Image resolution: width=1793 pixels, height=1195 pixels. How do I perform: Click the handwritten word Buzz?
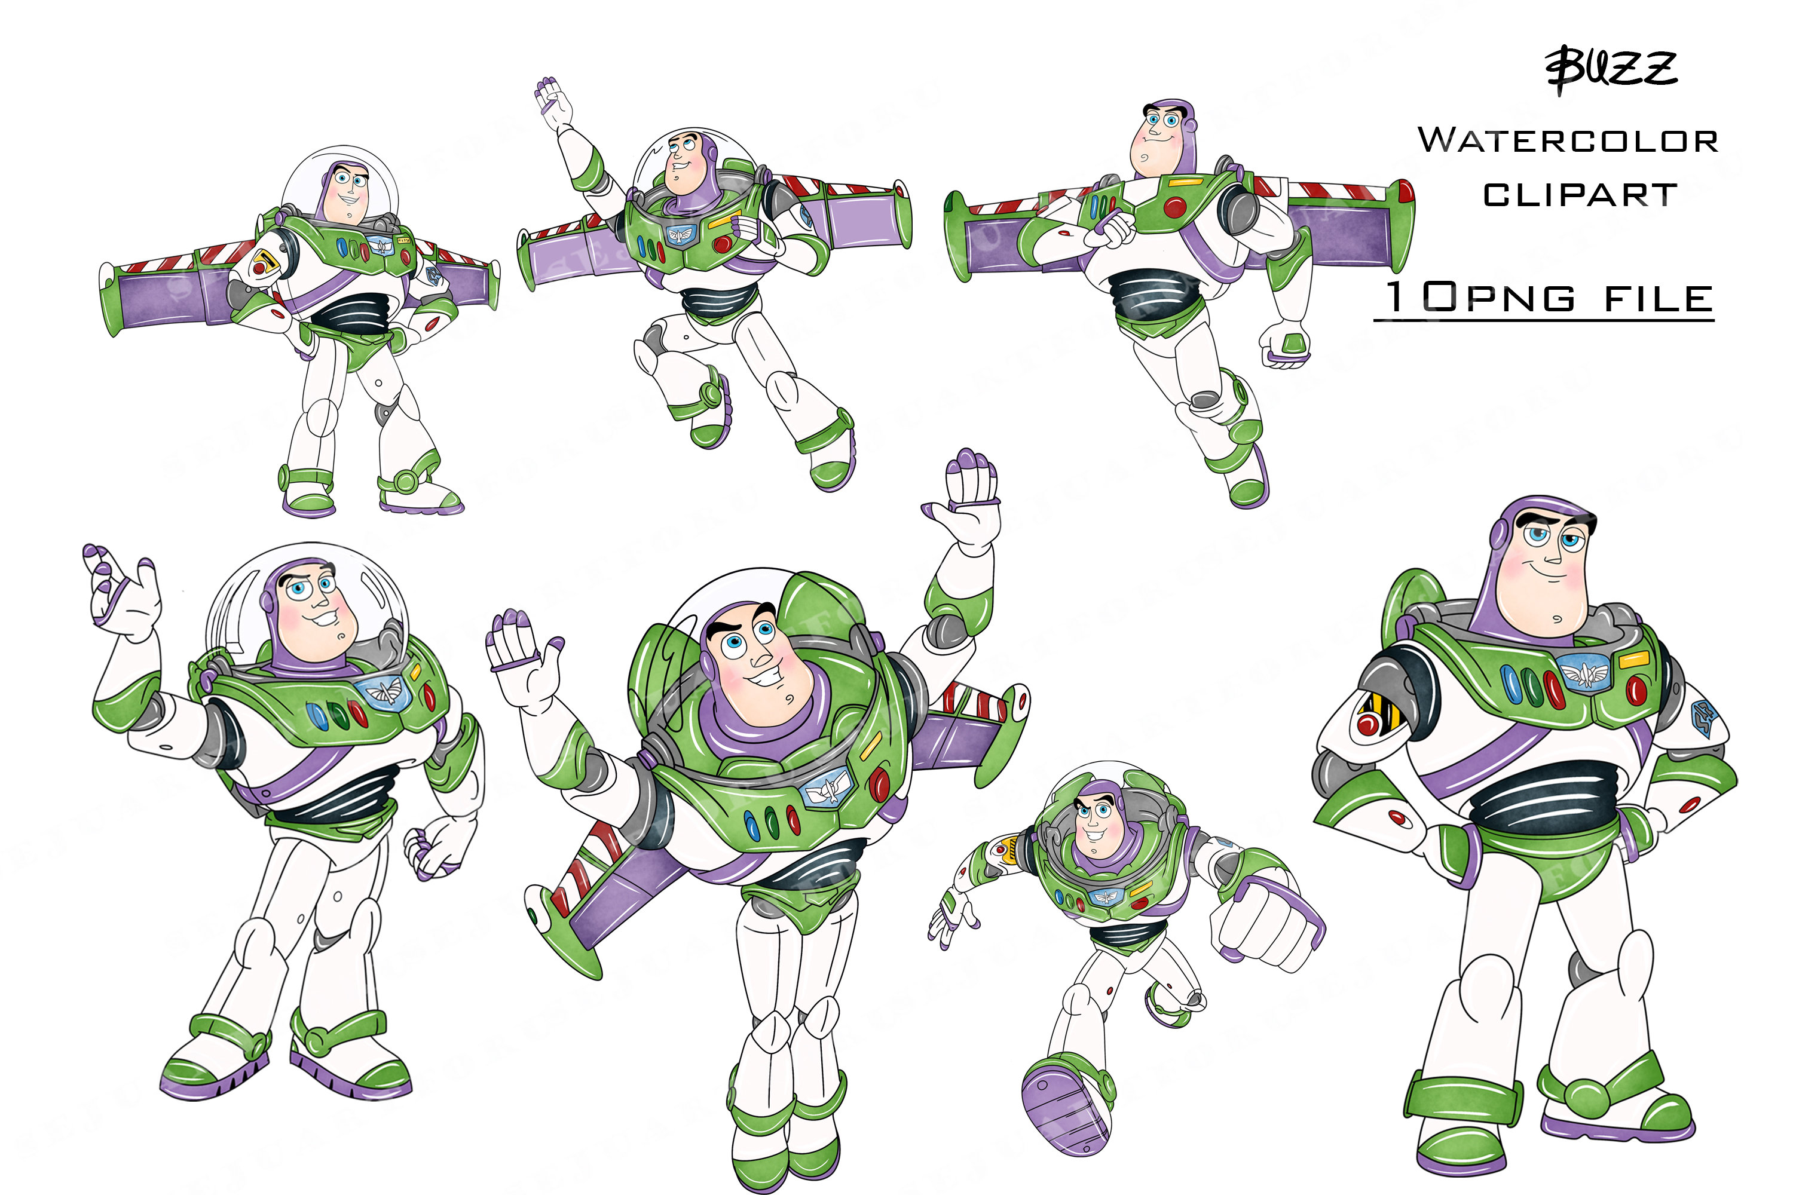(x=1610, y=70)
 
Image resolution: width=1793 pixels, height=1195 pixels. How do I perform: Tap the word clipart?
(x=1580, y=195)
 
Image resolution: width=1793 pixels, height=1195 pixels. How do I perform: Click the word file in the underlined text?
(x=1659, y=299)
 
